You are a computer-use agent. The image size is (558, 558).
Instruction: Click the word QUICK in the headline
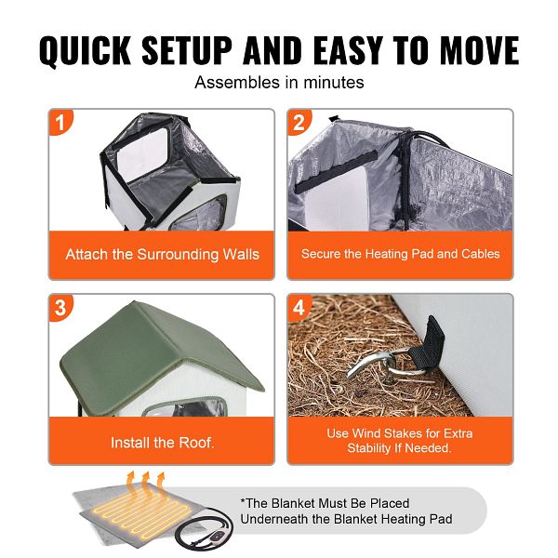[x=85, y=50]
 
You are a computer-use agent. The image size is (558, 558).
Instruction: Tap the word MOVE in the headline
[x=479, y=50]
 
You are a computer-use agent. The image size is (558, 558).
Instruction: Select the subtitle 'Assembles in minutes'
[x=279, y=83]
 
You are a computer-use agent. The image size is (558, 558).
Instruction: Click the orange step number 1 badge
[x=60, y=122]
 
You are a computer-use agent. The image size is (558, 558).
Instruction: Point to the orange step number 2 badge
[x=299, y=122]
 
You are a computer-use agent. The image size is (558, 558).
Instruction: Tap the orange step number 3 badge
[x=60, y=308]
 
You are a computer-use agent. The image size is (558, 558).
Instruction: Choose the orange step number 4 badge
[x=299, y=308]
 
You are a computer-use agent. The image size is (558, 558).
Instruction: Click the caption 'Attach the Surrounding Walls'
[x=162, y=255]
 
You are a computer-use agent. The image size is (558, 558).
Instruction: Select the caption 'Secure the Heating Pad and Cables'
[x=400, y=254]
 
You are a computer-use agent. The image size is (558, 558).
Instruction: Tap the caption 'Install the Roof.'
[x=162, y=443]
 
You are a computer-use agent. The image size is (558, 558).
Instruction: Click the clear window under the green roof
[x=185, y=406]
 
